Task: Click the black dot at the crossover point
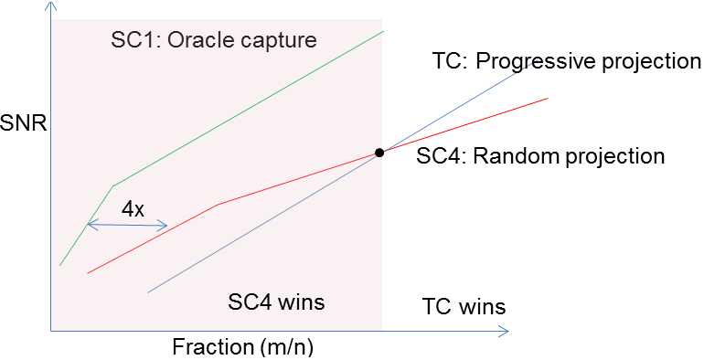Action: click(x=379, y=153)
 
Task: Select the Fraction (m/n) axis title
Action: click(x=250, y=348)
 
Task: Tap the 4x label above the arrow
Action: click(x=133, y=209)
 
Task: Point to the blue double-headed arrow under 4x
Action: click(x=127, y=225)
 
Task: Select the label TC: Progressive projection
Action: click(x=565, y=62)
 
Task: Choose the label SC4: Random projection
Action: click(x=540, y=155)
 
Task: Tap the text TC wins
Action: click(x=464, y=305)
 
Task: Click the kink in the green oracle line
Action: click(x=113, y=185)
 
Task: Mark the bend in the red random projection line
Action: click(x=217, y=204)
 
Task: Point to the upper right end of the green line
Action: click(x=384, y=31)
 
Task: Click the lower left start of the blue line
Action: click(x=148, y=293)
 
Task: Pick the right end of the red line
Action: click(x=547, y=97)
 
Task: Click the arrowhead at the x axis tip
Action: click(x=505, y=332)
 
